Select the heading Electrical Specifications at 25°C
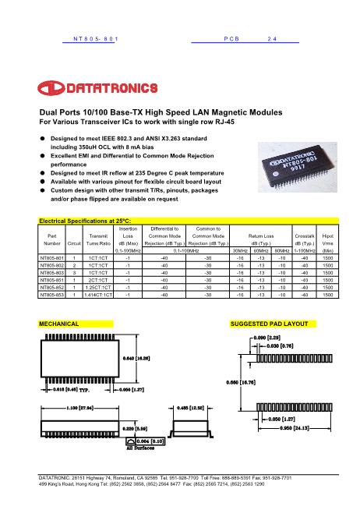click(86, 200)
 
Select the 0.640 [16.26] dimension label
click(140, 357)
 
